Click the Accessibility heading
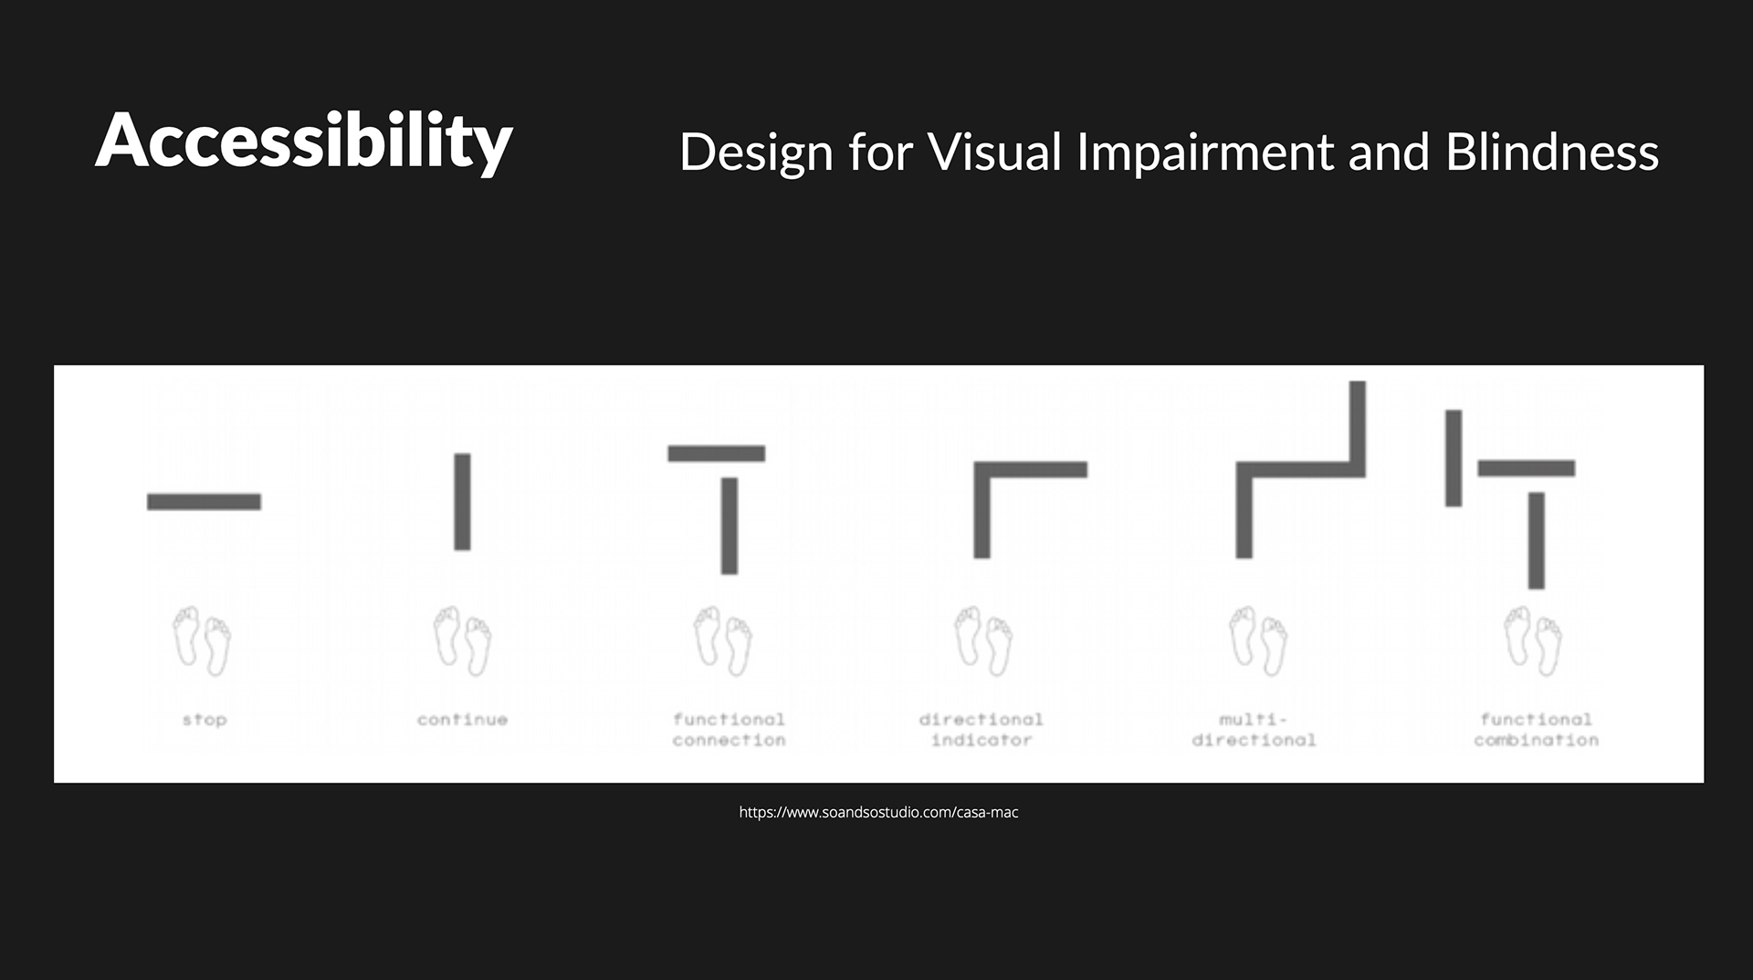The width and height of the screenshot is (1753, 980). (x=304, y=141)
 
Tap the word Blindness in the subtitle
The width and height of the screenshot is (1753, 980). (x=1552, y=152)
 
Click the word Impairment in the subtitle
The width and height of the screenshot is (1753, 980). (x=1205, y=153)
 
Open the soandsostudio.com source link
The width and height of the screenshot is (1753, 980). (x=878, y=812)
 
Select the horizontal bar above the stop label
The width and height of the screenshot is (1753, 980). (x=204, y=501)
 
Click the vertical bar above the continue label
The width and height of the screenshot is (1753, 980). (x=463, y=501)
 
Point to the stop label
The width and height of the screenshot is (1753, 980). (x=205, y=720)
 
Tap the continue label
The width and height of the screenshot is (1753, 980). (x=463, y=720)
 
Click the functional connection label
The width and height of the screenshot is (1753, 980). (x=730, y=730)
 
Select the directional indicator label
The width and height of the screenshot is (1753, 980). (x=981, y=730)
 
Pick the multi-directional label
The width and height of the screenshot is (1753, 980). (x=1254, y=730)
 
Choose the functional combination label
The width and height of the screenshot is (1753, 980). (x=1537, y=730)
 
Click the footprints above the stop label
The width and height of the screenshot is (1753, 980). (x=202, y=641)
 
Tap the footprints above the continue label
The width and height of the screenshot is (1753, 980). (x=462, y=641)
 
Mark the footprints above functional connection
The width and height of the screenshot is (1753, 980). (x=723, y=641)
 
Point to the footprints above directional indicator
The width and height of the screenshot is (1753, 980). (x=983, y=641)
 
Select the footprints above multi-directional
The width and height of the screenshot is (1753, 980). (x=1258, y=641)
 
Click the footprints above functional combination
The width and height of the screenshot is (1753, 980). (x=1533, y=641)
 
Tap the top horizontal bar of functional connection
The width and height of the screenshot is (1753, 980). (x=717, y=453)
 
